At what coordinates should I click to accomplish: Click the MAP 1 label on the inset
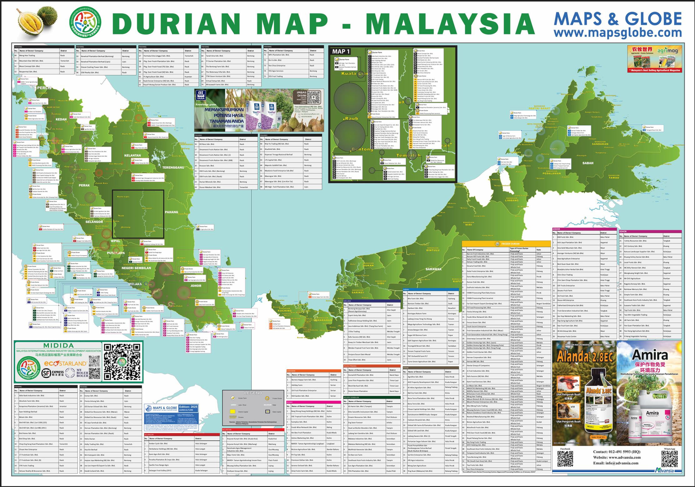point(341,52)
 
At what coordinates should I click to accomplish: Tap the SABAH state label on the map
point(588,163)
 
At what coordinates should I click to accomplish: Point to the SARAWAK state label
point(434,269)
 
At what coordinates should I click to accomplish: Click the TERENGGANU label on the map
point(173,167)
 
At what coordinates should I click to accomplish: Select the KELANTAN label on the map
point(133,155)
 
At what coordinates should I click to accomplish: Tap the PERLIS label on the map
point(44,88)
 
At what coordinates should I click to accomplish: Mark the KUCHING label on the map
point(284,311)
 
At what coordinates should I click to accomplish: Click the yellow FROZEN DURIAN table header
point(506,244)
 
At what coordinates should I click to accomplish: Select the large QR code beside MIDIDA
point(122,361)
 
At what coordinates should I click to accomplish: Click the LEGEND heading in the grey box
point(253,393)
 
